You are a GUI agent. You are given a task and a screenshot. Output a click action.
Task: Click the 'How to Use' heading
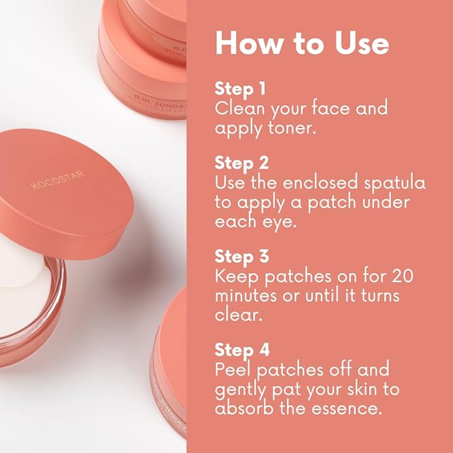(302, 43)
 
